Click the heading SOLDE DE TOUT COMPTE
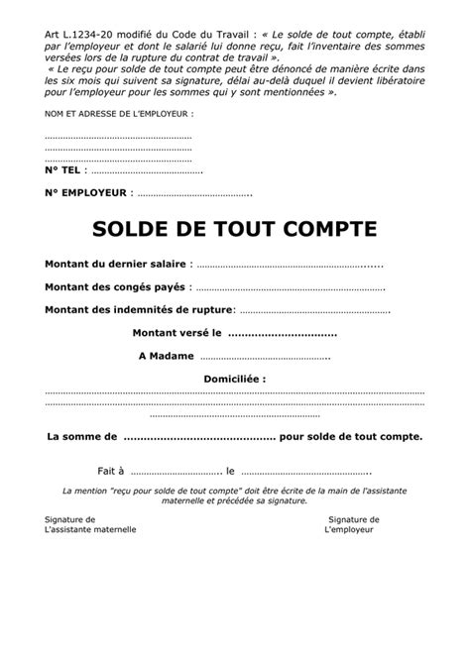(235, 229)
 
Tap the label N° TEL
(65, 171)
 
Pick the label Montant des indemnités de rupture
(138, 311)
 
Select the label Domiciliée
(234, 379)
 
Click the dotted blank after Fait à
(176, 471)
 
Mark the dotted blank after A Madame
(265, 358)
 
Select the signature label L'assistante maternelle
(90, 529)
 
